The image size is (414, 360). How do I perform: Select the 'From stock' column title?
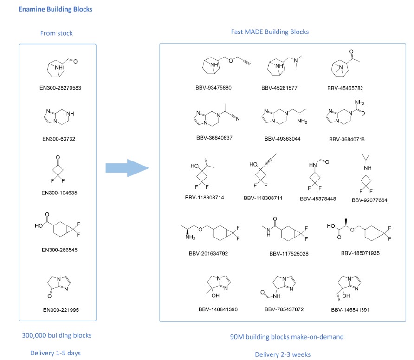57,32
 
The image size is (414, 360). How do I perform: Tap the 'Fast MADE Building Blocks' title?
270,32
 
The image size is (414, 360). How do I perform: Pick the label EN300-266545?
59,250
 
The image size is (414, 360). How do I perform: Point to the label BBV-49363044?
283,138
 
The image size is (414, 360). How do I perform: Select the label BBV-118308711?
263,198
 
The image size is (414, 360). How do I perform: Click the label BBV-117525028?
289,254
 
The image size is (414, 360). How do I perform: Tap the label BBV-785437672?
284,309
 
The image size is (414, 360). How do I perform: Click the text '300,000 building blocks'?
57,335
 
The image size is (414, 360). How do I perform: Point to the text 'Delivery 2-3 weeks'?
283,354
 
